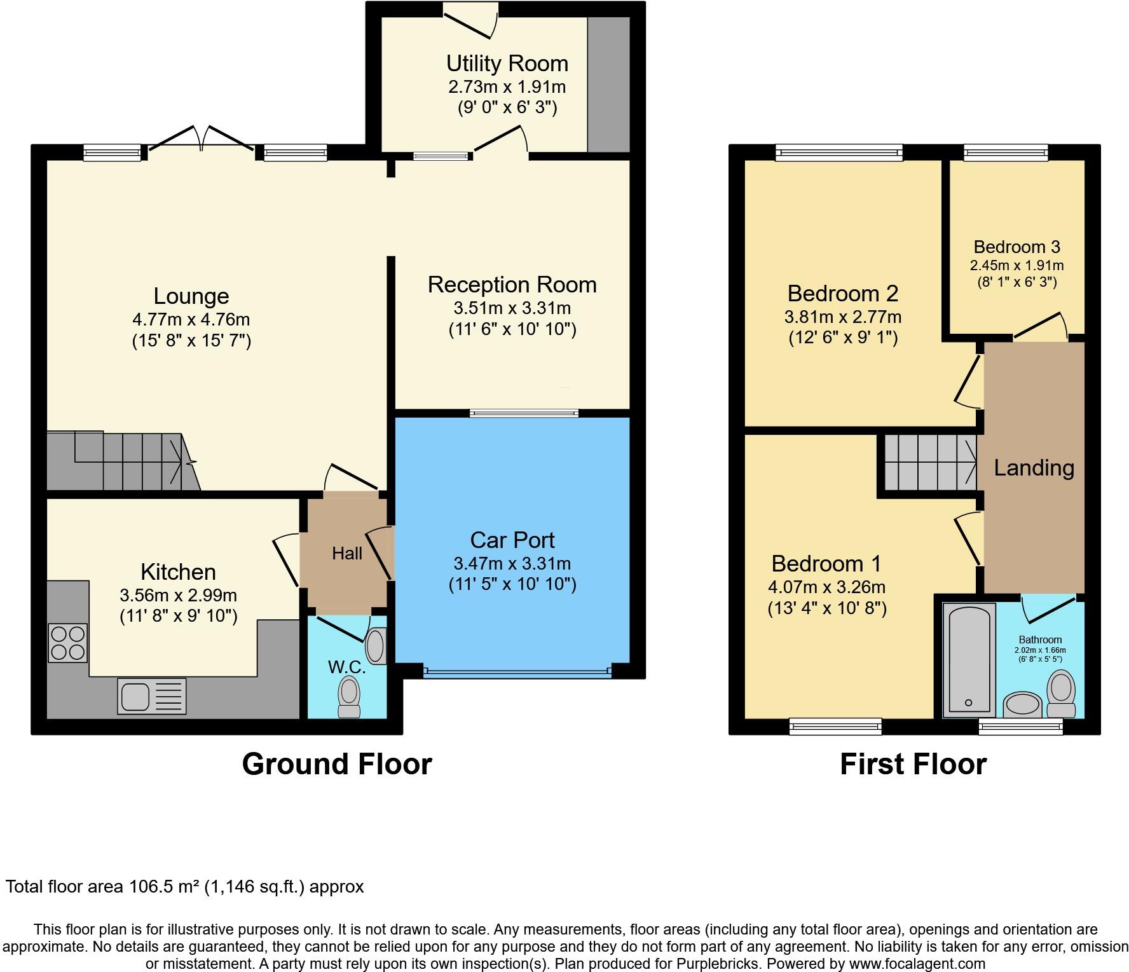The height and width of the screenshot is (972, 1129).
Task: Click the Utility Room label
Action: (507, 64)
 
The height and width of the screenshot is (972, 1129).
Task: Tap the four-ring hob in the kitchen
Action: (67, 643)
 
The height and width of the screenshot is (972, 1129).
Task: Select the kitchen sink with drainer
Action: (152, 695)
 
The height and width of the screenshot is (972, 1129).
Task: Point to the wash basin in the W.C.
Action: (376, 646)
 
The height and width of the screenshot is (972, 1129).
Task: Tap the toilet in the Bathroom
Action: (1060, 695)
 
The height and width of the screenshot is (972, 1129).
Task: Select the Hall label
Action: (347, 553)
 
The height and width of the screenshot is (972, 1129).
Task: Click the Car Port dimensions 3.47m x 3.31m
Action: (512, 563)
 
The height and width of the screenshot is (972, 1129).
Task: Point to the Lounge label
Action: (191, 296)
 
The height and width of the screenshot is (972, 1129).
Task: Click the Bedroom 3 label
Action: (1017, 247)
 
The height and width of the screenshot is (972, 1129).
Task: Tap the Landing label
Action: (1034, 468)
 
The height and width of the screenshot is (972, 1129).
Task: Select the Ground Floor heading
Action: (337, 764)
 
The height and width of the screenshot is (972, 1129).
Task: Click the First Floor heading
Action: (913, 764)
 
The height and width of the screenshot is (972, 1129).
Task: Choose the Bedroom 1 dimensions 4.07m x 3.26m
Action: (826, 587)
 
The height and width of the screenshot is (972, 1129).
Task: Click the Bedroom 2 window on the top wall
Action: (839, 153)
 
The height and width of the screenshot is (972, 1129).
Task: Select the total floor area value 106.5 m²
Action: (164, 886)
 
